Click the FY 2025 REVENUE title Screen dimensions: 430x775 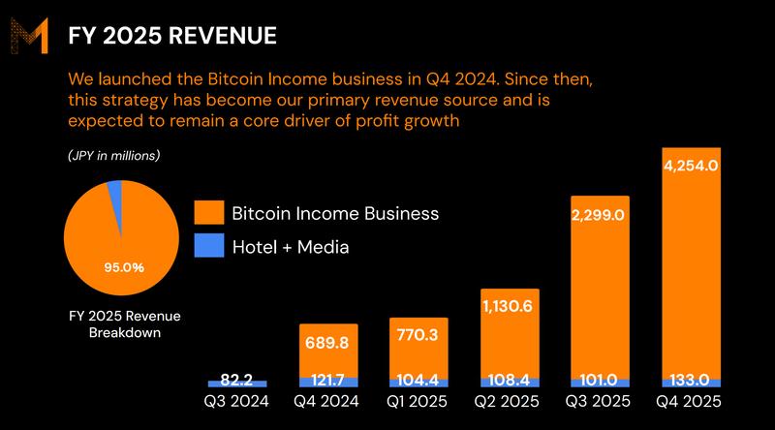pyautogui.click(x=171, y=36)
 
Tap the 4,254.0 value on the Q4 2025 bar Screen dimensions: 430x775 pyautogui.click(x=691, y=166)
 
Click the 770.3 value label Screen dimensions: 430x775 pyautogui.click(x=418, y=337)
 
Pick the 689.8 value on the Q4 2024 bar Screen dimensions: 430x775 pyautogui.click(x=328, y=344)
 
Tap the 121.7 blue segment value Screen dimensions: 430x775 pyautogui.click(x=328, y=382)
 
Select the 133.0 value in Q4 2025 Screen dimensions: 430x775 pyautogui.click(x=691, y=382)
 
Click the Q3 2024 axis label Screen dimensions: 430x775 pyautogui.click(x=237, y=402)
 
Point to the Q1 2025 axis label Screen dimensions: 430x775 pyautogui.click(x=418, y=402)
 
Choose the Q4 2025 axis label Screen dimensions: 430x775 pyautogui.click(x=691, y=402)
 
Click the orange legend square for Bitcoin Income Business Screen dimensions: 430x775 pyautogui.click(x=209, y=213)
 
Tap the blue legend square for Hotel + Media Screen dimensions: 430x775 pyautogui.click(x=209, y=247)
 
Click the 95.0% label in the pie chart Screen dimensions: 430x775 pyautogui.click(x=124, y=267)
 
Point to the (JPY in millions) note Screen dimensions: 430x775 pyautogui.click(x=114, y=156)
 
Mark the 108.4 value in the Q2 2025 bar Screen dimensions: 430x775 pyautogui.click(x=510, y=382)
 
